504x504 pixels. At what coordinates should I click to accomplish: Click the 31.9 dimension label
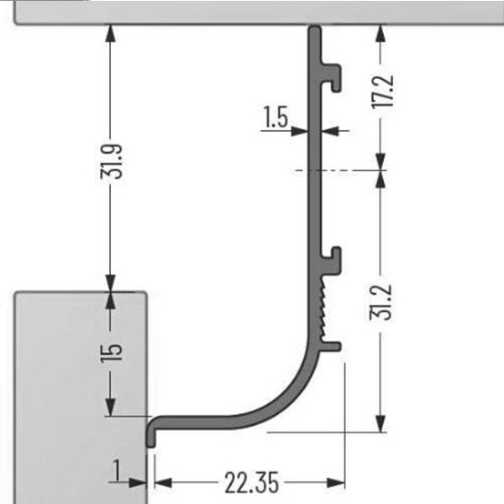[111, 161]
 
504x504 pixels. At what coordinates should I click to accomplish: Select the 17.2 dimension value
[382, 91]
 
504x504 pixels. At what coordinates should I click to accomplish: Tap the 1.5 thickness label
[276, 117]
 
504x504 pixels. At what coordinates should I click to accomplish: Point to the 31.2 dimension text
[381, 302]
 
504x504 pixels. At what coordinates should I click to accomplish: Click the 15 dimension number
[111, 354]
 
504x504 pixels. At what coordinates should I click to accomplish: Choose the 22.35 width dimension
[252, 483]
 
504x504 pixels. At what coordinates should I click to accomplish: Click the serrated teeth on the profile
[323, 307]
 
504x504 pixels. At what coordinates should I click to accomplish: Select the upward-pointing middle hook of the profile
[331, 260]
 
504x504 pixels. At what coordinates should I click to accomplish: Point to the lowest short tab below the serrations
[331, 346]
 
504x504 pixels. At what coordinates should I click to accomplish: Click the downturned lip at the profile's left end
[150, 433]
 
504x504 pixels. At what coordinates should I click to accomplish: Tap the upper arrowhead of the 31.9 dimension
[110, 33]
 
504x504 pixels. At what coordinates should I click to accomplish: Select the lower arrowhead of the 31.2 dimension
[381, 424]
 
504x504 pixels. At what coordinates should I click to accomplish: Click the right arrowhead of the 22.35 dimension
[335, 482]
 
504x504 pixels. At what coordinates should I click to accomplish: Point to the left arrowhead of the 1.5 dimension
[300, 131]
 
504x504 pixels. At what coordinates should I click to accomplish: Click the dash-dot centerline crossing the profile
[341, 170]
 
